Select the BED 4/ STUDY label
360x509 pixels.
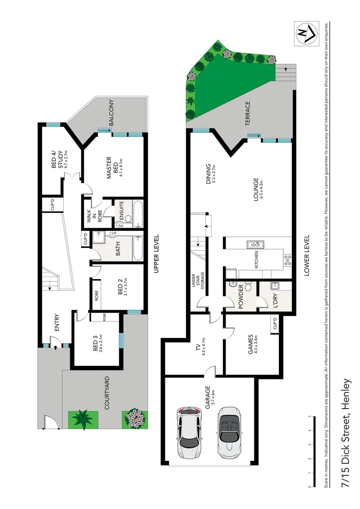(56, 159)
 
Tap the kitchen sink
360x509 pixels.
(252, 244)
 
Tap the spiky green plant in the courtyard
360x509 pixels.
(83, 418)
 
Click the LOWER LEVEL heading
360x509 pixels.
(307, 254)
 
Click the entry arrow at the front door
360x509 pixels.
(55, 346)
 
